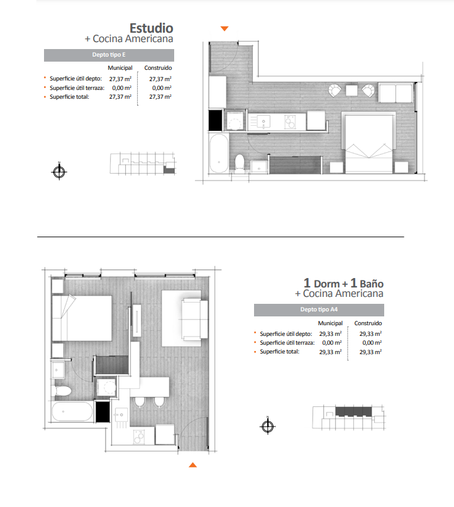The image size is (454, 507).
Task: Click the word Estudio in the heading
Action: click(151, 28)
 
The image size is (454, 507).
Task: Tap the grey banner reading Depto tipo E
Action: click(109, 55)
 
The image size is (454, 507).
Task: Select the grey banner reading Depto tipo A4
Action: click(319, 309)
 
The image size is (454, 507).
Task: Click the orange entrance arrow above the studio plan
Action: click(224, 28)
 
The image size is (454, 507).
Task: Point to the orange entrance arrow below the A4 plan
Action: click(192, 465)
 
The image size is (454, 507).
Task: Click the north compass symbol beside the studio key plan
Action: click(59, 171)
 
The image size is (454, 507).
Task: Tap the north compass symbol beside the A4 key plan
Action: click(267, 426)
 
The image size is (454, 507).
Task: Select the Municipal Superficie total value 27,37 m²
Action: click(120, 97)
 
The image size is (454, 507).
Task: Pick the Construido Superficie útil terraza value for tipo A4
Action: click(372, 343)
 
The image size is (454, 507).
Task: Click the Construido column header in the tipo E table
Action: click(158, 68)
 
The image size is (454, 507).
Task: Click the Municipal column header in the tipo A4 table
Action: click(330, 323)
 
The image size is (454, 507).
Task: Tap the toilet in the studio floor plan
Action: click(240, 162)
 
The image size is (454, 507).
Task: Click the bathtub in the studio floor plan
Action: click(219, 153)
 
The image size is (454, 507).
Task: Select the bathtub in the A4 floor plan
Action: click(72, 411)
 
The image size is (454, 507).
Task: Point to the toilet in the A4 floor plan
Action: click(62, 391)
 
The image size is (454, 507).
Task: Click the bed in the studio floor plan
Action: click(369, 142)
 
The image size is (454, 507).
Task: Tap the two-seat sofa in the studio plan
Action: click(396, 93)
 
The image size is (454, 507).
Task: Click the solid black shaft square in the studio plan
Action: click(216, 120)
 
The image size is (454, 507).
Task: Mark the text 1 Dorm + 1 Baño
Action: click(343, 283)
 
